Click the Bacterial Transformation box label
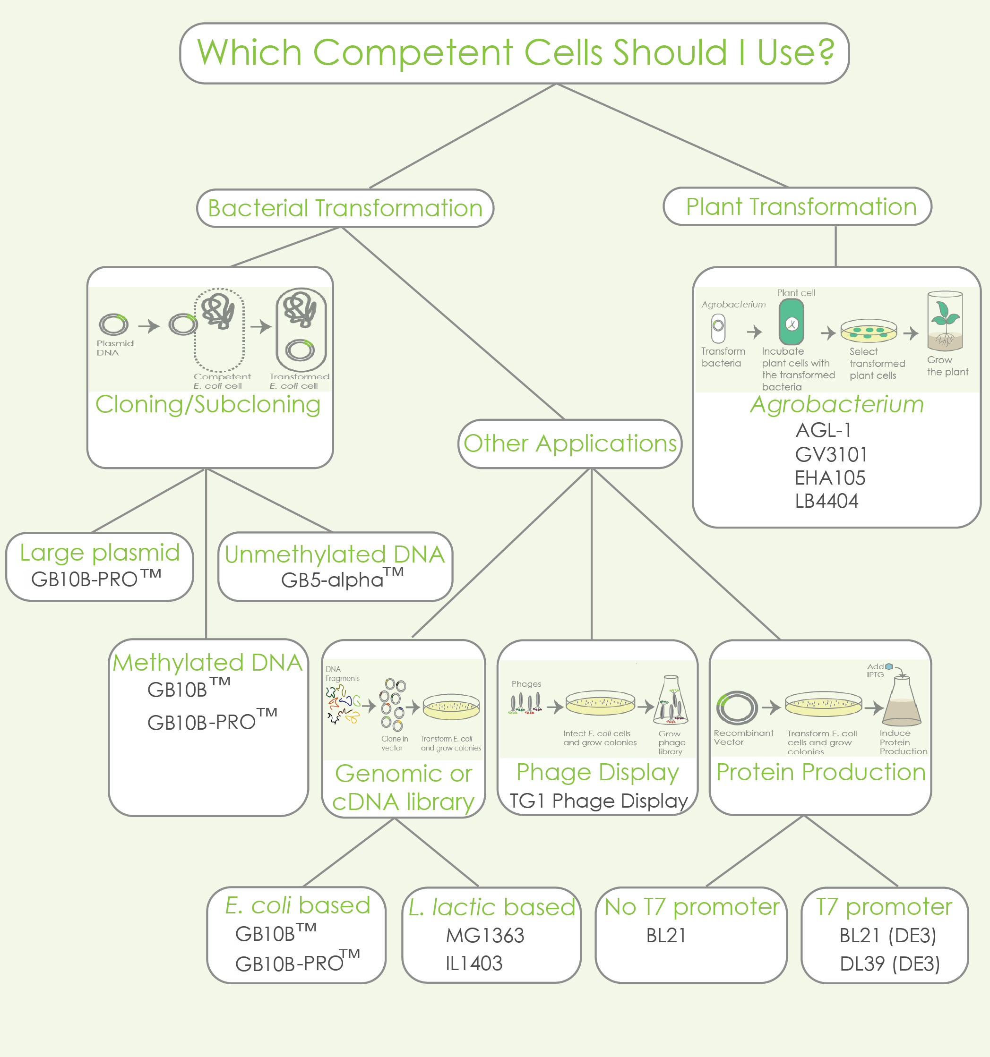(344, 208)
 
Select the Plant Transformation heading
(801, 206)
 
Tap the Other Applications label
(570, 443)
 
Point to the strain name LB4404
(826, 501)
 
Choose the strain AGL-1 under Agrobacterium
(823, 430)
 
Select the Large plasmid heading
(100, 553)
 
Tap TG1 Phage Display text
(598, 801)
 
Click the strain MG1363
(485, 936)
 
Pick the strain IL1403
(473, 963)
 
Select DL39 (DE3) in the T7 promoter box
(889, 963)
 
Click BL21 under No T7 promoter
(665, 936)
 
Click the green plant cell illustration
(791, 322)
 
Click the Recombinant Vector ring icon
(737, 708)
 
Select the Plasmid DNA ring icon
(113, 324)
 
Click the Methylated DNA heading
(207, 663)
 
